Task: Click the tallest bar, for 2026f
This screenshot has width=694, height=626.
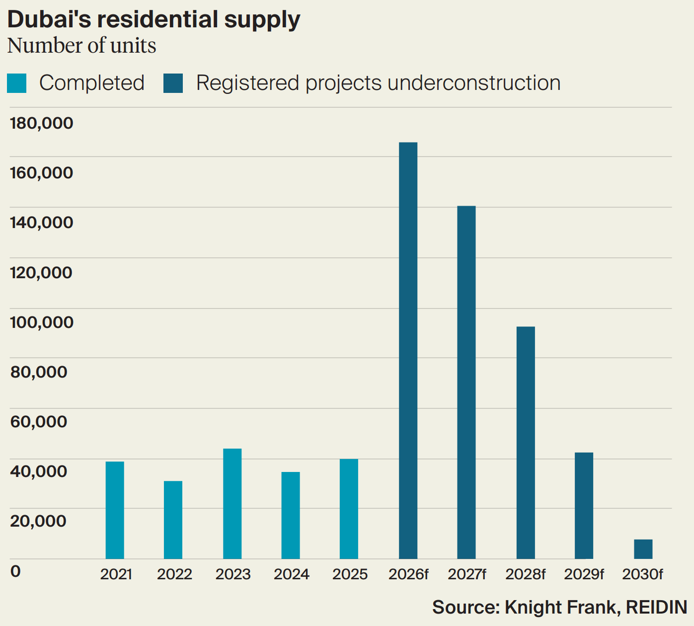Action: click(x=408, y=350)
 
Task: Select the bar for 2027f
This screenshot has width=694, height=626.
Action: click(x=466, y=382)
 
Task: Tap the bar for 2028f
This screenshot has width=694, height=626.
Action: click(x=526, y=442)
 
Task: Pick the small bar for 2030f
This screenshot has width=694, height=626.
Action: click(x=643, y=549)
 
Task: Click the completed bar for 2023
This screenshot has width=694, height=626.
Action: click(x=232, y=503)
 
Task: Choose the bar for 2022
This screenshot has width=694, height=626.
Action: click(x=173, y=520)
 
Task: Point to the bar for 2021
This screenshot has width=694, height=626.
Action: click(x=115, y=510)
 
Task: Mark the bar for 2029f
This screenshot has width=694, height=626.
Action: click(x=584, y=505)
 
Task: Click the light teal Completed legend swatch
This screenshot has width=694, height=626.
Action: click(x=16, y=83)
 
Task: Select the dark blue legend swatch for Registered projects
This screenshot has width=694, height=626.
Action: click(x=173, y=83)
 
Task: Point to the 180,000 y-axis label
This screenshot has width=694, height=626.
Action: click(x=41, y=123)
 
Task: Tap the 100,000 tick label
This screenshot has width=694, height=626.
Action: click(x=41, y=322)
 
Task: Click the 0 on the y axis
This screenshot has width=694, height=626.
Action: click(x=15, y=571)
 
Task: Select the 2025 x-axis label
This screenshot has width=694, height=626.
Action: click(x=350, y=574)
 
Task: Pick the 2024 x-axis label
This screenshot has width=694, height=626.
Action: click(x=291, y=574)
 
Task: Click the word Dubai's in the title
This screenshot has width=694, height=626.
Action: click(x=50, y=20)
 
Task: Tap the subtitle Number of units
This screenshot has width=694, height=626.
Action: click(x=81, y=46)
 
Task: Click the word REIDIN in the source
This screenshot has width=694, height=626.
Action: click(x=656, y=607)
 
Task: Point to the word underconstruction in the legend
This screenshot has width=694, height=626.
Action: click(x=474, y=83)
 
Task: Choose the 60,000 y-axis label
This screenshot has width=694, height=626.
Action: click(x=38, y=421)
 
